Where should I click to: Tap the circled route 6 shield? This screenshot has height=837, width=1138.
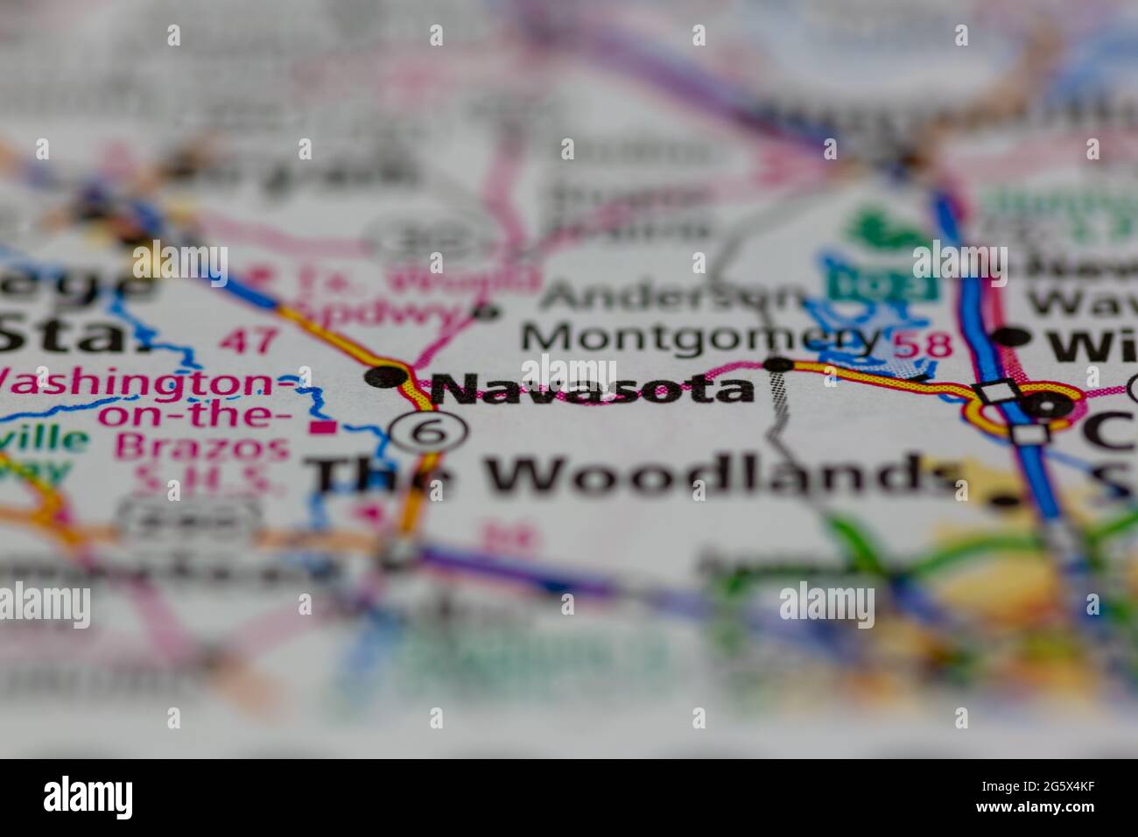[x=428, y=432]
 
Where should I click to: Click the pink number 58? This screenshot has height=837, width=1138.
[x=923, y=344]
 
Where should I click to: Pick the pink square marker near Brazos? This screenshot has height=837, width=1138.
[x=327, y=428]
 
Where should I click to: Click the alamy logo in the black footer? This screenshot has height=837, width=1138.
[x=88, y=796]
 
